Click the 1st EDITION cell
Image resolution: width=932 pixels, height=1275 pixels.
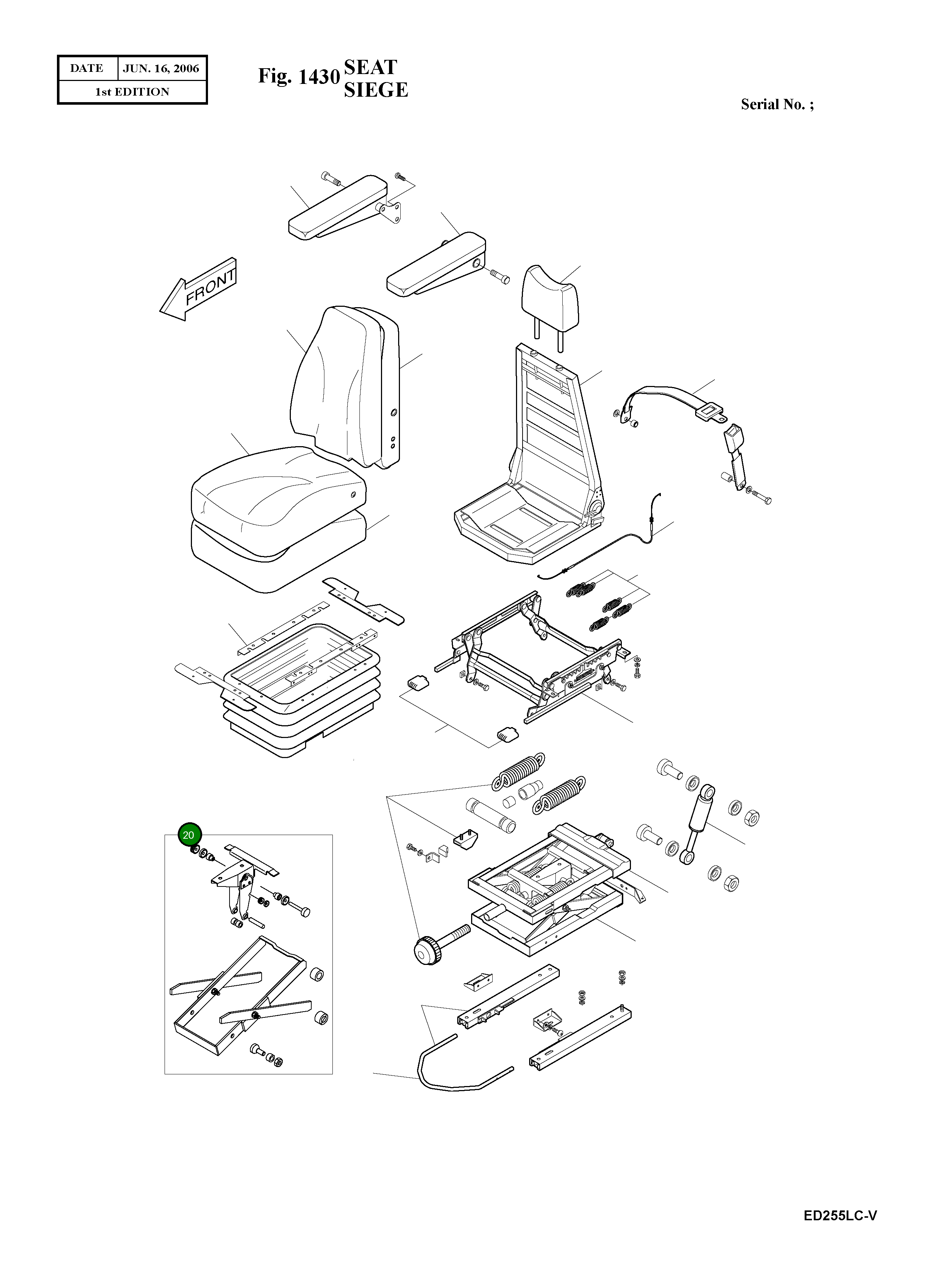132,92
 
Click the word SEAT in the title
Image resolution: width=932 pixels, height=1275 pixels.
370,67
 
